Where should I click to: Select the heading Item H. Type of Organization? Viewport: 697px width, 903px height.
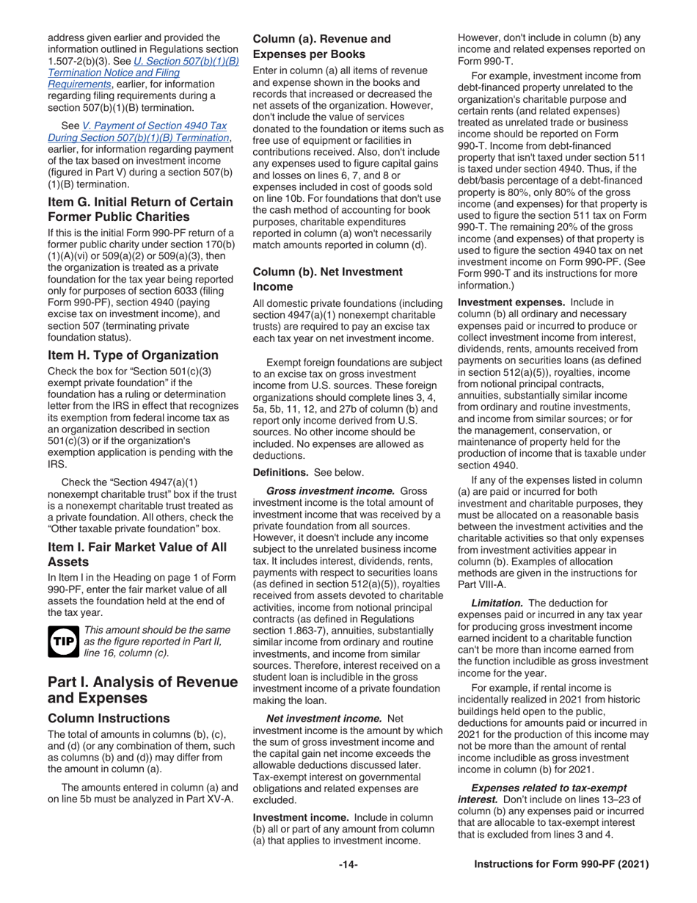coord(132,355)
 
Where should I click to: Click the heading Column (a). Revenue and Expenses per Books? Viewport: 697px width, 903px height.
coord(321,46)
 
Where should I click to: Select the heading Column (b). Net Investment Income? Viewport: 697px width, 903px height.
coord(327,278)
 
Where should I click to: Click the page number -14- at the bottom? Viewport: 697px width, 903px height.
coord(348,865)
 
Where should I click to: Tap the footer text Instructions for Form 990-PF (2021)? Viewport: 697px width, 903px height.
coord(561,865)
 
